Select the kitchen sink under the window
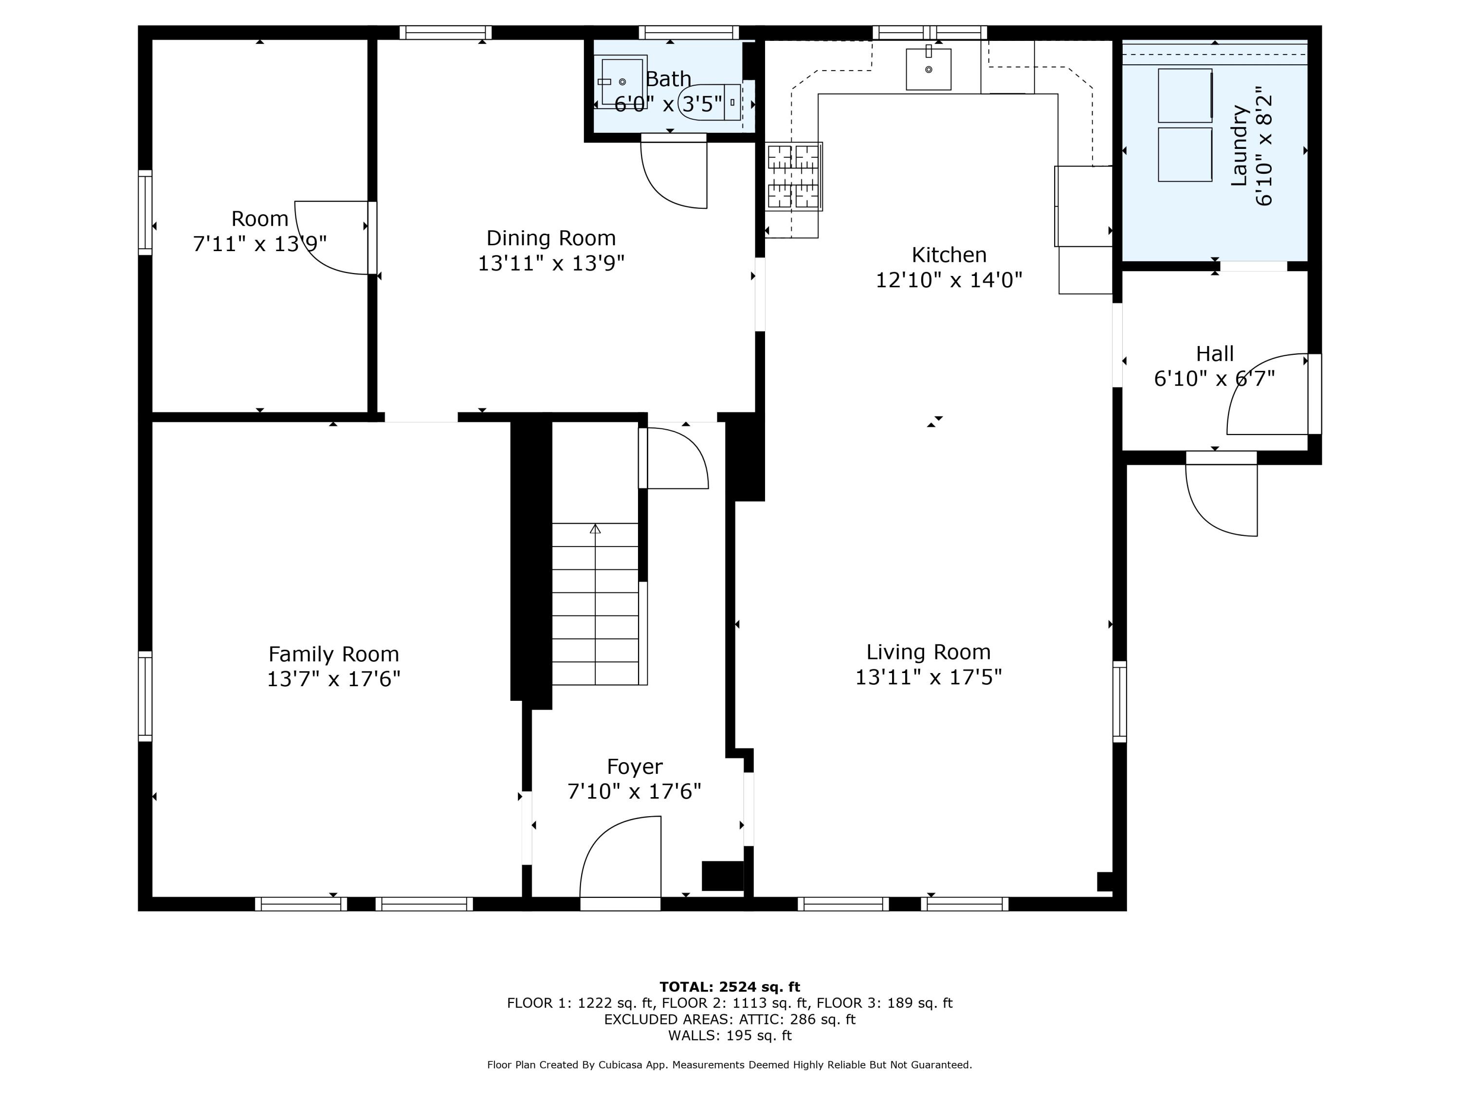(928, 69)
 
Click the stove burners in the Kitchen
(793, 176)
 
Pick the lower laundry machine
(1185, 154)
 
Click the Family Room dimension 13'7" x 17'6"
(333, 678)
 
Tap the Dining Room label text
(550, 237)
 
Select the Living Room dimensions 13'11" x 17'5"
(928, 676)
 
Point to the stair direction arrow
(595, 529)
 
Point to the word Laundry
(1239, 145)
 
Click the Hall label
(1214, 354)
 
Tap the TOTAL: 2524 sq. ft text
(730, 987)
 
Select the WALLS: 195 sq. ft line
(730, 1035)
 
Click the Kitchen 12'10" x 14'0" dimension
(949, 280)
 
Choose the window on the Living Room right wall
(1119, 701)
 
